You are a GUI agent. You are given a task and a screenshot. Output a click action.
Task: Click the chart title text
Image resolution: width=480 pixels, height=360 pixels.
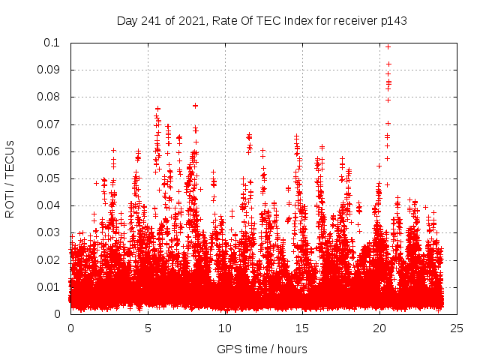point(262,20)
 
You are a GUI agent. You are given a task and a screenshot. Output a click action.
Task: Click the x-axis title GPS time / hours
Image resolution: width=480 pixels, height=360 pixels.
point(262,349)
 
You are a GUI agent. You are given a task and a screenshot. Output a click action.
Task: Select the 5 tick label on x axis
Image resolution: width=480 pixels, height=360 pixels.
point(148,328)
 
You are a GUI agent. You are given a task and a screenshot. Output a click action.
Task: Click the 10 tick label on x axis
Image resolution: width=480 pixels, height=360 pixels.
point(225,328)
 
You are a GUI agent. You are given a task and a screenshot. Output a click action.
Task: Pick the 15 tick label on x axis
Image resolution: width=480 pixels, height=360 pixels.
point(302,328)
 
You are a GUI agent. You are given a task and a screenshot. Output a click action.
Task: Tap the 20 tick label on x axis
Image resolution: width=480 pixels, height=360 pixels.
point(379,328)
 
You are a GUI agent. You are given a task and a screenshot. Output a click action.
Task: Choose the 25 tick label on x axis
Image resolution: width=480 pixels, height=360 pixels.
point(457,328)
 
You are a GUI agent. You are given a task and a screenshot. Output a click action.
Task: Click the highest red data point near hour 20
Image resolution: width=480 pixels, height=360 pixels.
point(388,46)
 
